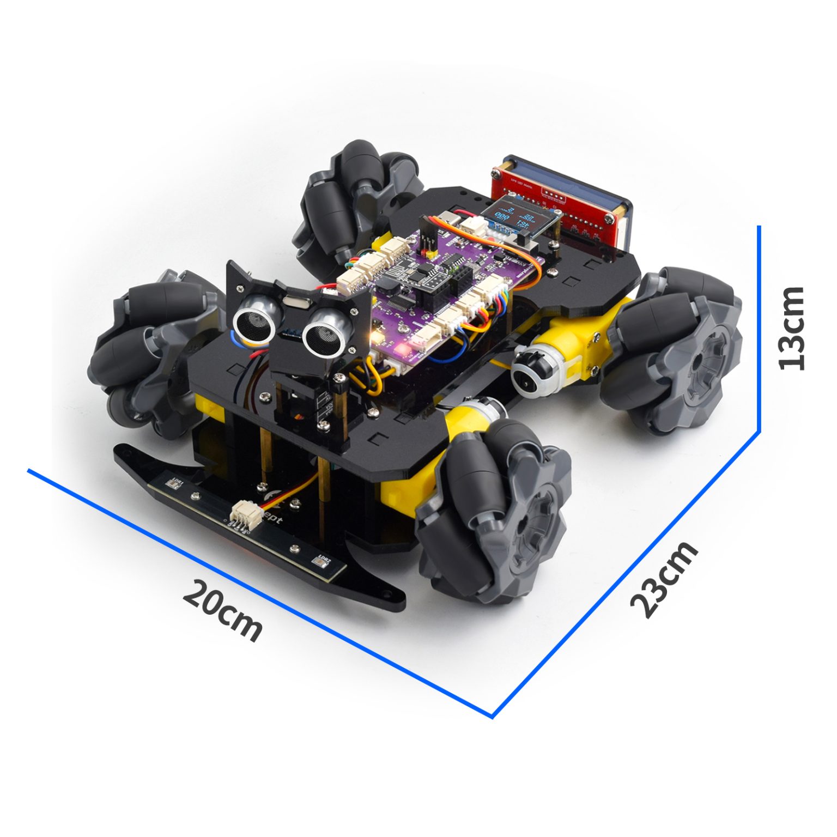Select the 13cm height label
point(791,328)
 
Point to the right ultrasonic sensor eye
point(324,332)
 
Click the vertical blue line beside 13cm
point(759,327)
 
